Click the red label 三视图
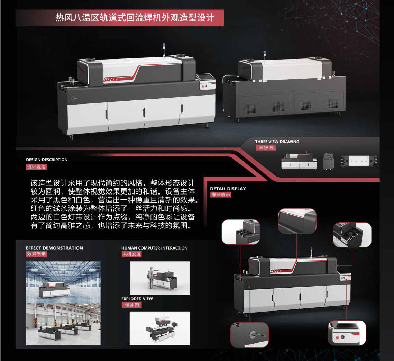click(266, 147)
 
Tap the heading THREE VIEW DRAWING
click(277, 142)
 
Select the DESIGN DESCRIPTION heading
click(47, 160)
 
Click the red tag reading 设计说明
click(36, 167)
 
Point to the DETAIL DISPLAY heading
click(228, 189)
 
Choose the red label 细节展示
click(221, 195)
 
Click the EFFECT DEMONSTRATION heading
click(54, 248)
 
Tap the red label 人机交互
click(132, 254)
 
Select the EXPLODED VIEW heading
click(137, 299)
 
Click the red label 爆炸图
click(132, 305)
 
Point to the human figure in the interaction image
click(151, 278)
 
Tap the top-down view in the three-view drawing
click(359, 161)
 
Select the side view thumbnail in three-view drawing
click(328, 161)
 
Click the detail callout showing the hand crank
click(249, 335)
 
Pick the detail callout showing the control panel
click(347, 333)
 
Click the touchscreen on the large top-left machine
click(205, 77)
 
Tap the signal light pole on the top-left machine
click(164, 50)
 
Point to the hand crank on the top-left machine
click(75, 98)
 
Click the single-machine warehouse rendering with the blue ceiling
click(63, 282)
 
